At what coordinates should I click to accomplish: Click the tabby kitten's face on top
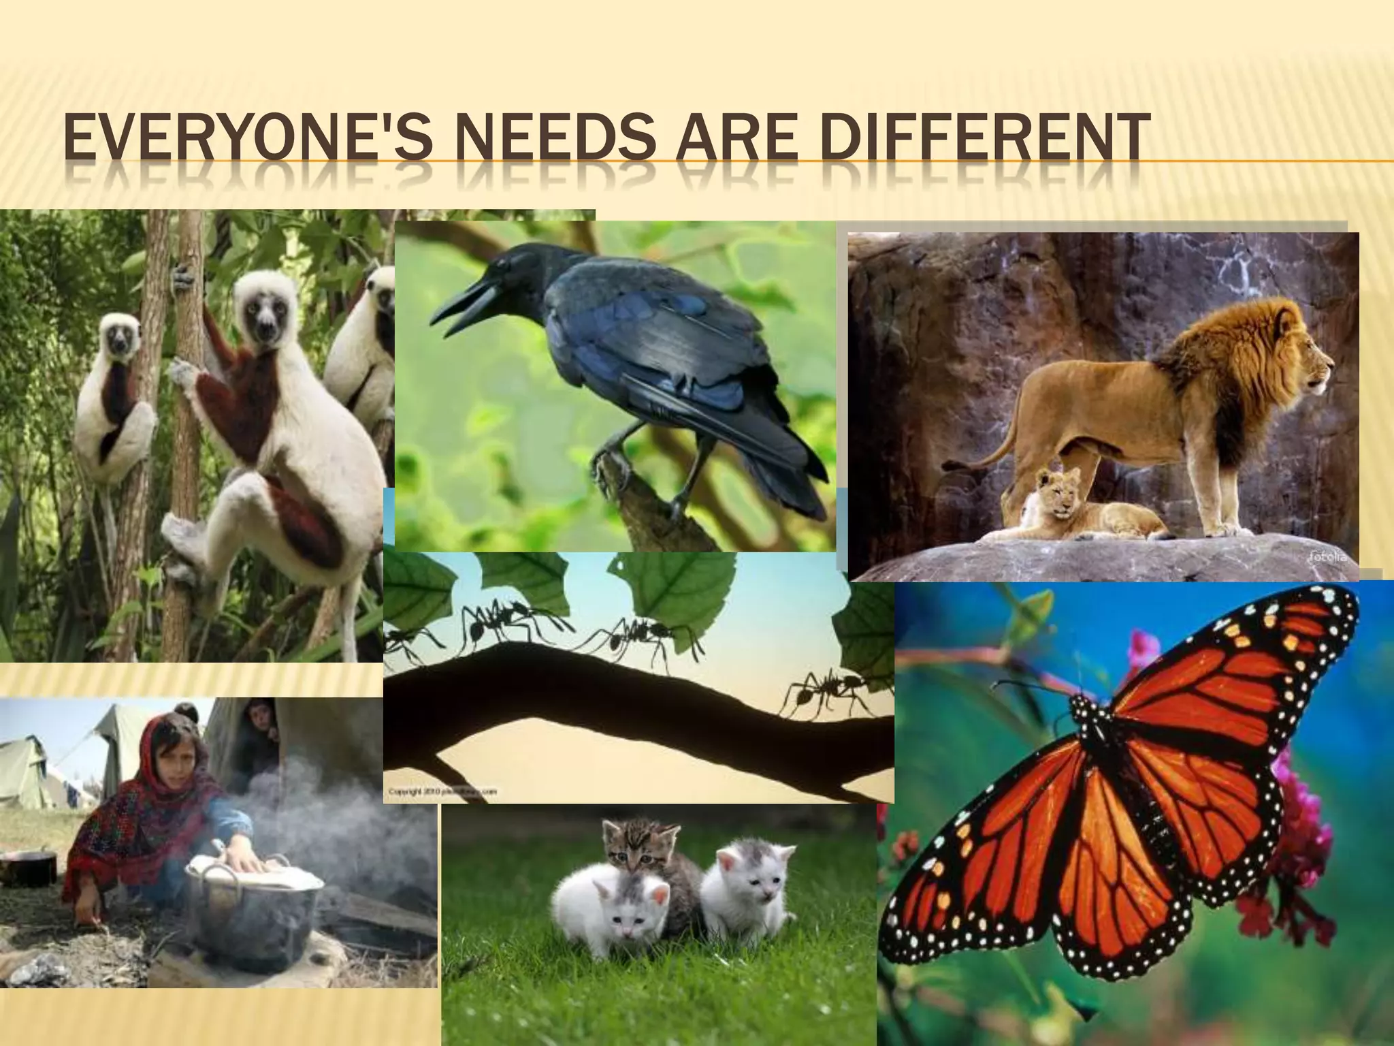pyautogui.click(x=630, y=845)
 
